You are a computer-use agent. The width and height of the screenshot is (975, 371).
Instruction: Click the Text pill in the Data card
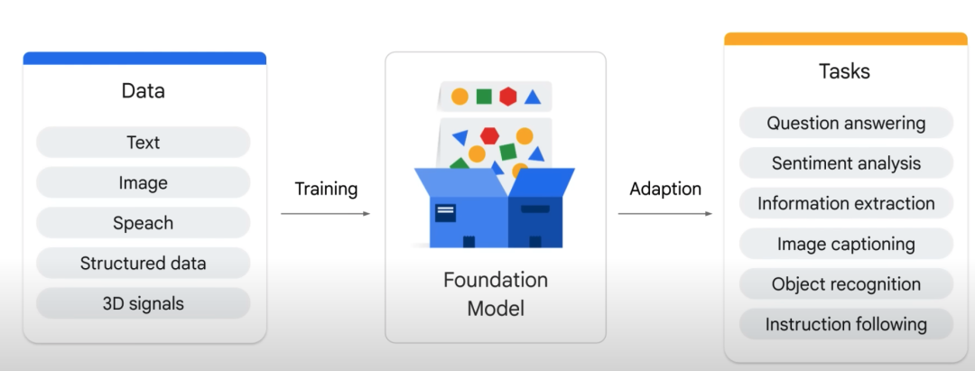[143, 143]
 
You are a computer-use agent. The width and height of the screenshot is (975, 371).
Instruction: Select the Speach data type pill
[143, 223]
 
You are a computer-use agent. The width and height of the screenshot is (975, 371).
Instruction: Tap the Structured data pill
[143, 264]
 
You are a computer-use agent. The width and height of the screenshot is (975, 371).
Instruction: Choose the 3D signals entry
[143, 304]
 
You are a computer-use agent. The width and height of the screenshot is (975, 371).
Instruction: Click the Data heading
[143, 91]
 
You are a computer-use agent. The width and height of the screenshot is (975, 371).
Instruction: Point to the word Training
[326, 189]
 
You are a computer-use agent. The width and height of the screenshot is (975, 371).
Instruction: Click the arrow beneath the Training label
[325, 214]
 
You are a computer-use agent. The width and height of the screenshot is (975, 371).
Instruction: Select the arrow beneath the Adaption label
[664, 214]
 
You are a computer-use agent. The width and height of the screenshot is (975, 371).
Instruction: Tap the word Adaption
[665, 189]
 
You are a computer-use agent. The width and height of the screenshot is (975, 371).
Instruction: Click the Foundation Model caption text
[496, 294]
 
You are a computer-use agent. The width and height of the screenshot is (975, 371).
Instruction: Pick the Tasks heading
[844, 71]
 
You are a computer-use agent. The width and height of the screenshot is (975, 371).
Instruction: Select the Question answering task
[846, 123]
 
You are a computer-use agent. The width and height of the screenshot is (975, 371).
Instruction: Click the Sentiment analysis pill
[846, 163]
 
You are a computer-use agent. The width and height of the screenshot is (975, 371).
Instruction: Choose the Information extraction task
[846, 204]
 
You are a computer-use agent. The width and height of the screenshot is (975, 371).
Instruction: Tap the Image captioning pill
[846, 245]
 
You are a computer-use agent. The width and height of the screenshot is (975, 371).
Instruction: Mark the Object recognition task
[846, 284]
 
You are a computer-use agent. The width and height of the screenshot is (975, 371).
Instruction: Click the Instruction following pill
[846, 324]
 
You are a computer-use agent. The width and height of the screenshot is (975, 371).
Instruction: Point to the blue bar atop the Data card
[144, 59]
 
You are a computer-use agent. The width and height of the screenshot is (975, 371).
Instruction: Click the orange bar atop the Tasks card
[846, 39]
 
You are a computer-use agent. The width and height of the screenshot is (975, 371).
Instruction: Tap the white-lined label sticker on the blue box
[445, 212]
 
